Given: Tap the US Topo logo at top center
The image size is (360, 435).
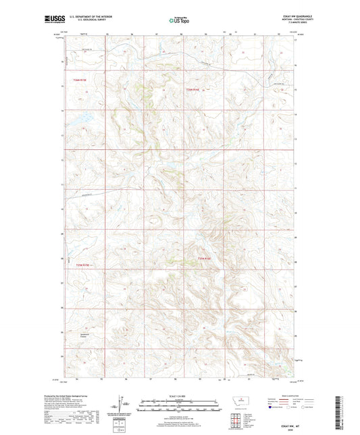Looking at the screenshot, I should (179, 20).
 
